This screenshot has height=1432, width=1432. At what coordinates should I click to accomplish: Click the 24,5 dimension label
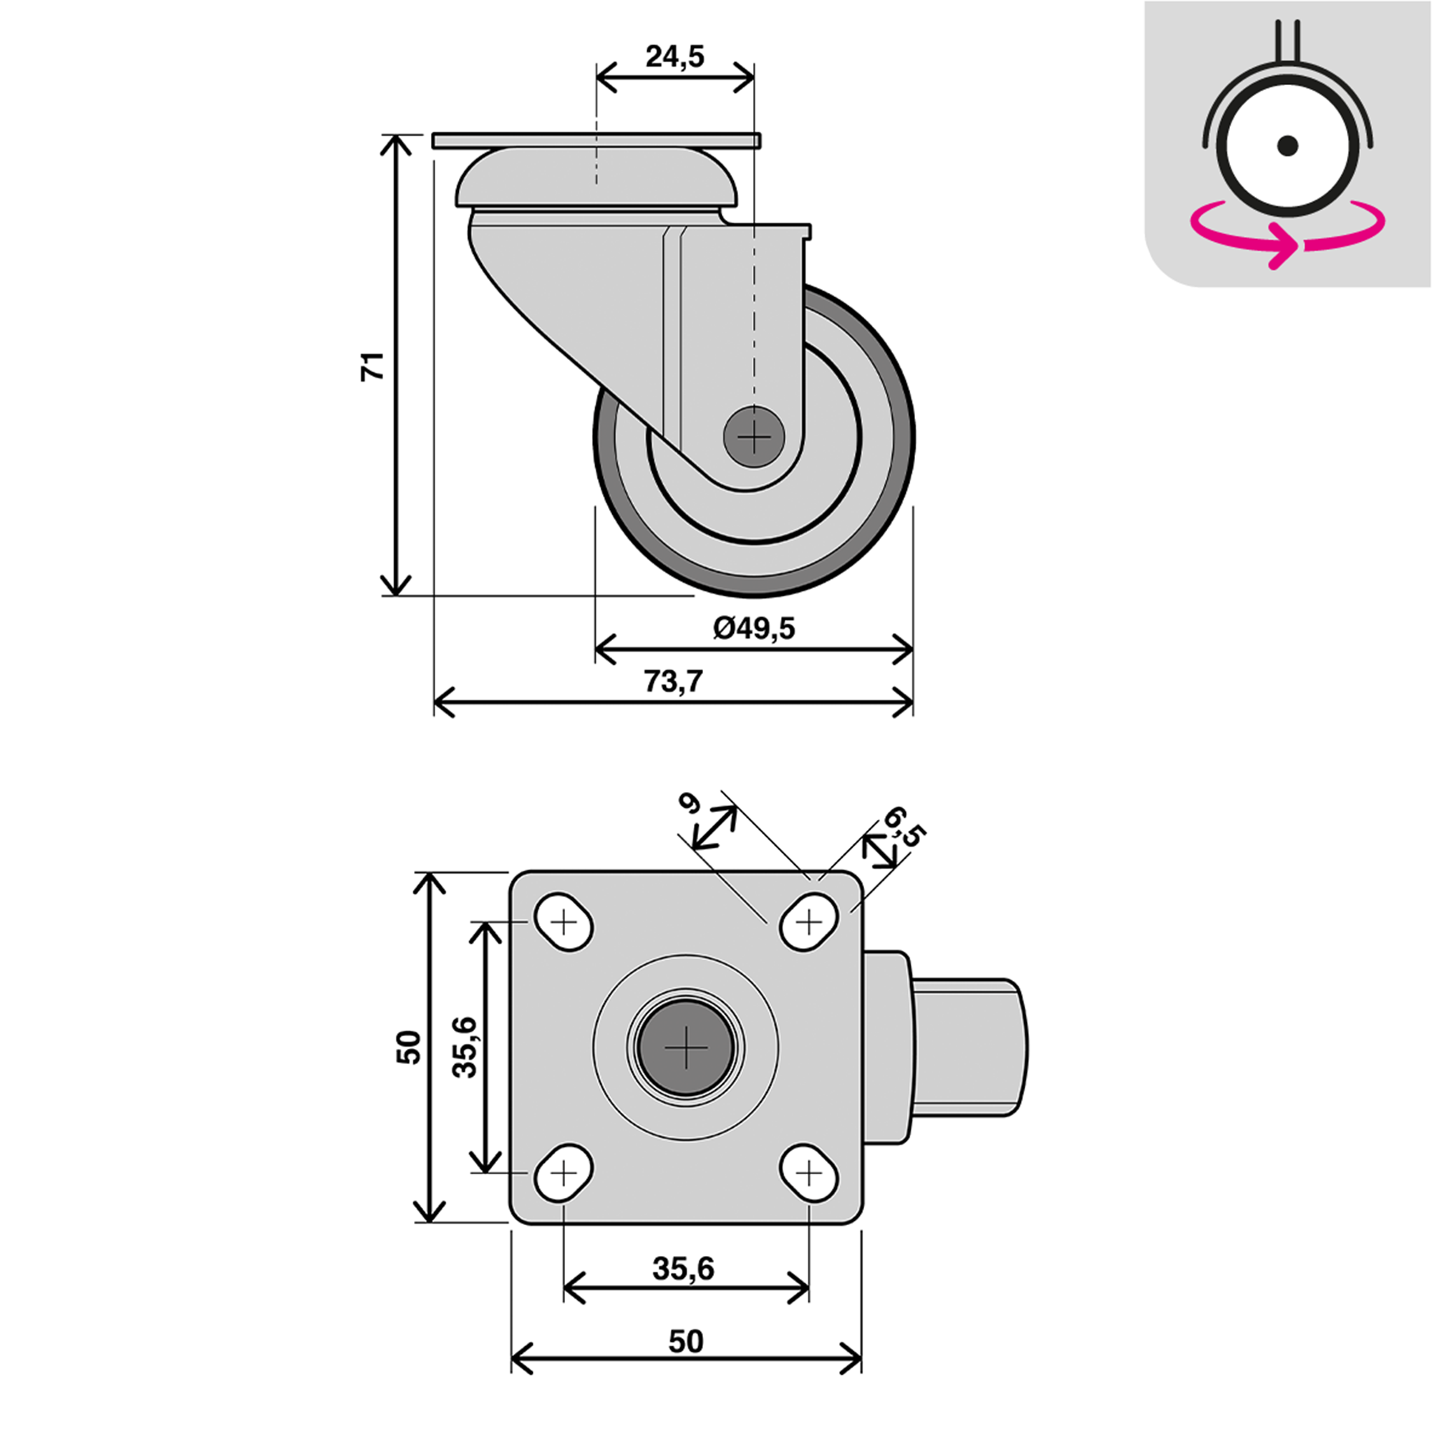(674, 57)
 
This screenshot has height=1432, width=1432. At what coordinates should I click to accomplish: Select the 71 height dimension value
(373, 366)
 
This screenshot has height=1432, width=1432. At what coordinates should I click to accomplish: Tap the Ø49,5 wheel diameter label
(754, 629)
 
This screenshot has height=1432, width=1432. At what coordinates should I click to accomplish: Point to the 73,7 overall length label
(672, 681)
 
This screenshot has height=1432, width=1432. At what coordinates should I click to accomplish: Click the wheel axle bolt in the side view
(754, 437)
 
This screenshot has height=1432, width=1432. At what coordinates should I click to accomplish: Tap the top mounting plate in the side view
(596, 141)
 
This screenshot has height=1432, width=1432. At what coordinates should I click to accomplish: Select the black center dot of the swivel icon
(1287, 145)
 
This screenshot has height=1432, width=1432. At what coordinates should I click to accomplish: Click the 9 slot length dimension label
(691, 803)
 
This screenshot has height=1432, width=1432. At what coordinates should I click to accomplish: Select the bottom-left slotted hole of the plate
(564, 1174)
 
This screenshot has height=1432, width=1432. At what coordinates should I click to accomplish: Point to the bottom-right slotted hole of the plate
(809, 1174)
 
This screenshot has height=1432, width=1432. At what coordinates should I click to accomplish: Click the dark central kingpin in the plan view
(687, 1048)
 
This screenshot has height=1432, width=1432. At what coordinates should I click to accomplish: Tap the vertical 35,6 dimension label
(465, 1048)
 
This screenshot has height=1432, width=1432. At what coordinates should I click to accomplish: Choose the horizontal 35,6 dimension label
(683, 1269)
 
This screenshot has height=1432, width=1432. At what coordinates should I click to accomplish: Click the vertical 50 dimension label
(408, 1048)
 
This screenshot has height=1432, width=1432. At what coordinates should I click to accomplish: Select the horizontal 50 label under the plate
(686, 1342)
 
